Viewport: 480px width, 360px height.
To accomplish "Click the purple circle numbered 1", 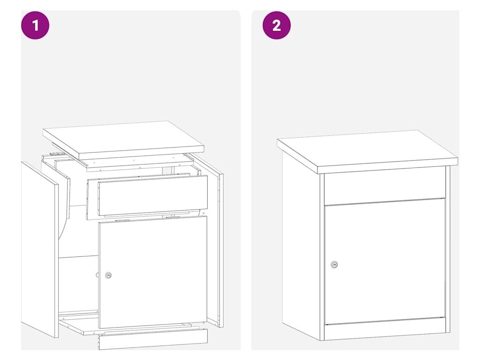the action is [35, 25].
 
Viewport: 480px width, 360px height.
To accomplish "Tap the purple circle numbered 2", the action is [277, 25].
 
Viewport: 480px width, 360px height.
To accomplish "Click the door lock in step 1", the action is [108, 275].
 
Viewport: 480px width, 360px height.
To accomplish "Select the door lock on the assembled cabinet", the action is [334, 264].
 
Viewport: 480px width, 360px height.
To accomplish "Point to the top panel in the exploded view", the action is [123, 140].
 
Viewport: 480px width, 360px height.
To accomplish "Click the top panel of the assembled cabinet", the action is [367, 151].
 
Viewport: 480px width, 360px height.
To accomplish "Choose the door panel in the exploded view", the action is [153, 272].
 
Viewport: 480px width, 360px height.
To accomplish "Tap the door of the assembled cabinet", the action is [385, 262].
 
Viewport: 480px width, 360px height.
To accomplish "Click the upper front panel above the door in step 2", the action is [385, 186].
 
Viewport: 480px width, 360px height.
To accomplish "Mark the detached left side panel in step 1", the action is [40, 249].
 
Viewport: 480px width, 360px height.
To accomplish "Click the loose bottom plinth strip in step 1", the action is [153, 339].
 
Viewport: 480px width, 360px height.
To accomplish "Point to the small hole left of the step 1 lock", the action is [97, 275].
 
